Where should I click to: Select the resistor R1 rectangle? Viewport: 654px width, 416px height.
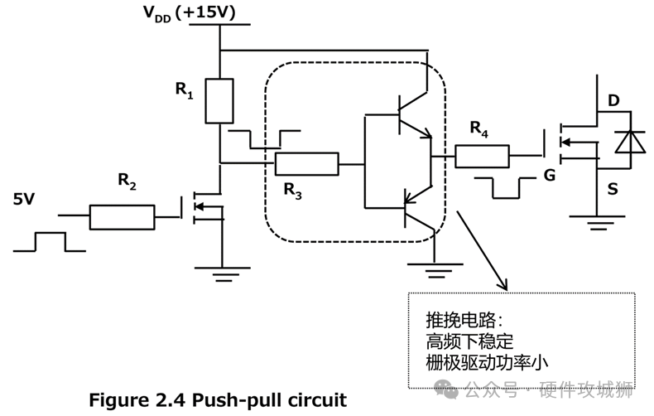coord(219,101)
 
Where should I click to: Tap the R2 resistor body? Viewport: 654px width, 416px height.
coord(122,218)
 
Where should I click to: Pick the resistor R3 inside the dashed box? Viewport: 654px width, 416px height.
coord(306,164)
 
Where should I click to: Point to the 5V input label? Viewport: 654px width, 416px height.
coord(25,199)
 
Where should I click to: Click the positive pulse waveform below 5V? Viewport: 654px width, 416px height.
coord(49,241)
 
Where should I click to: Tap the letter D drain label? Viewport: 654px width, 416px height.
coord(613,101)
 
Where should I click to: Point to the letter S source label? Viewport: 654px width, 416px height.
coord(613,190)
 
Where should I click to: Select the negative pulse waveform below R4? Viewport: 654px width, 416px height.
coord(504,188)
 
